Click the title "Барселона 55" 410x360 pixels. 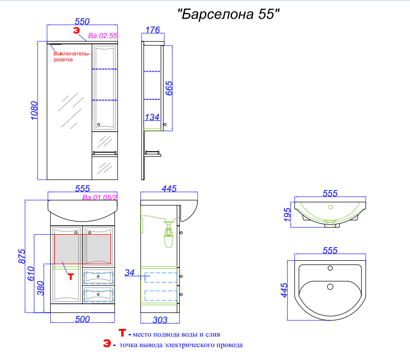click(228, 14)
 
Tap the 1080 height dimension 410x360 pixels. click(34, 111)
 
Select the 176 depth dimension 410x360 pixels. click(153, 30)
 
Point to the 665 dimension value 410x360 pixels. click(169, 88)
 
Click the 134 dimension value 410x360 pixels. click(152, 117)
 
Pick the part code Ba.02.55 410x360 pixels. click(102, 35)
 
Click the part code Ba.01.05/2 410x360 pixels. click(100, 197)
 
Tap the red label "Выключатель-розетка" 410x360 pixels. click(71, 57)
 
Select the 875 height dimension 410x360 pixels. click(22, 256)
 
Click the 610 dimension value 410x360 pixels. click(31, 274)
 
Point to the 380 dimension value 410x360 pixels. click(40, 288)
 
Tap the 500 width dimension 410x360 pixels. click(82, 319)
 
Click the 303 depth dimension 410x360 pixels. click(160, 320)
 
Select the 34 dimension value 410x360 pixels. click(130, 273)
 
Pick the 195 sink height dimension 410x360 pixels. click(287, 214)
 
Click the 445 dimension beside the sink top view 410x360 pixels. click(284, 290)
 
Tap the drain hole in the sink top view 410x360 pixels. click(330, 287)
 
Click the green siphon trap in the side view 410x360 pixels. click(168, 234)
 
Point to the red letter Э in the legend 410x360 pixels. click(107, 343)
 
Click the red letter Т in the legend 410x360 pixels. click(122, 333)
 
